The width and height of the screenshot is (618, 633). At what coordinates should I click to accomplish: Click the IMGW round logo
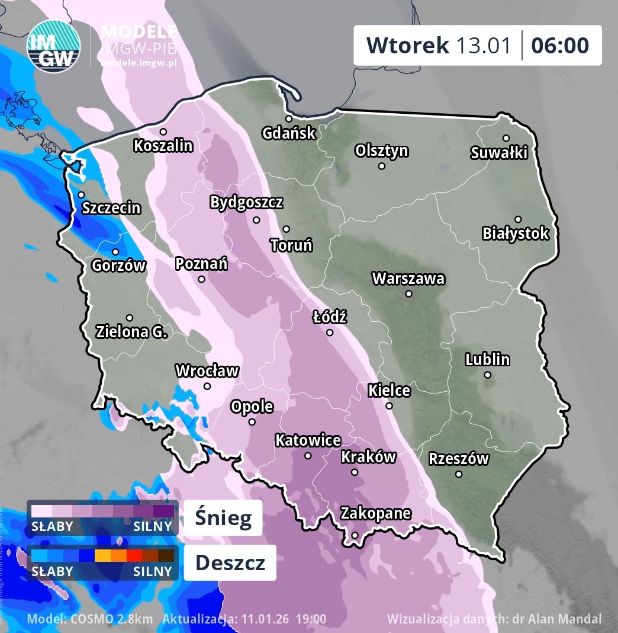53,46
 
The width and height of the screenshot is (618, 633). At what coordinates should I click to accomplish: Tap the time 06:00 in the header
559,45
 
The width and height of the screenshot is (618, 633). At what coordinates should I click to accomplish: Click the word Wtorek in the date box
407,45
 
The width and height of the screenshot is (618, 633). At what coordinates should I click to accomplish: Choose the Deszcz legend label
230,562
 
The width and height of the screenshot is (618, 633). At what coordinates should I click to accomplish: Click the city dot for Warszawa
408,293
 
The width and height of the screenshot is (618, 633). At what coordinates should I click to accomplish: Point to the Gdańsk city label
289,133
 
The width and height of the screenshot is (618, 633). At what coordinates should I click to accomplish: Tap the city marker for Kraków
355,472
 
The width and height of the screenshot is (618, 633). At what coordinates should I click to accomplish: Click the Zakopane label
375,513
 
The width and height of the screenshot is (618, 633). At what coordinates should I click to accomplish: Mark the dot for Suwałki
506,138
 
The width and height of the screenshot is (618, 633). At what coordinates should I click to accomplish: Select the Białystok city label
516,234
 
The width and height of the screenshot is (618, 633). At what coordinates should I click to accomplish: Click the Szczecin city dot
81,194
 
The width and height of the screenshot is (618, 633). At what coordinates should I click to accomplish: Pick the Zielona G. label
131,332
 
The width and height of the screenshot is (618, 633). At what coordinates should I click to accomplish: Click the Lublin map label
487,359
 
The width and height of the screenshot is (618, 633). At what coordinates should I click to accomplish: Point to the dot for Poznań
201,279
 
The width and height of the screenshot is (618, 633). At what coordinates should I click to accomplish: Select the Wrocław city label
207,371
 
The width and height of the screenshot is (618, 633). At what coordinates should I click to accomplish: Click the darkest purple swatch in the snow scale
164,511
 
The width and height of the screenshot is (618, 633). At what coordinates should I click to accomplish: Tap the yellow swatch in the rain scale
102,555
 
